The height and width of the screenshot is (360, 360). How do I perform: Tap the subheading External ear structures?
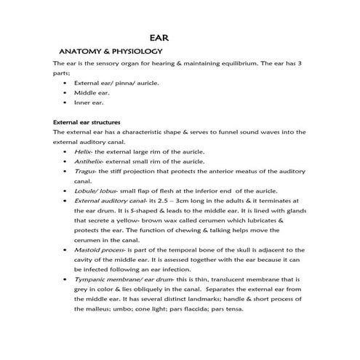point(87,121)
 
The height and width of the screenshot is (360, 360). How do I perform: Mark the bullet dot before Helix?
point(65,151)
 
